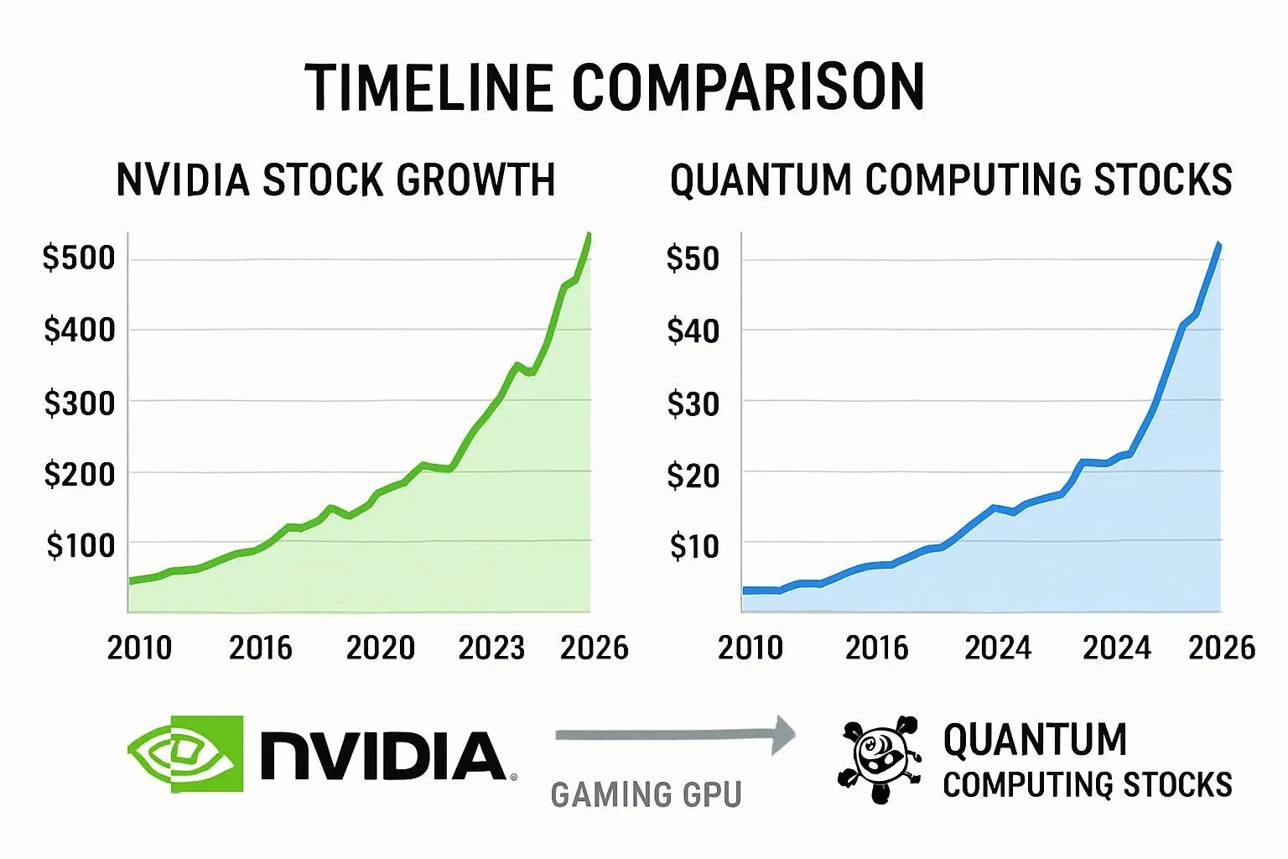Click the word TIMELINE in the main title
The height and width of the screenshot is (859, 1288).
click(428, 87)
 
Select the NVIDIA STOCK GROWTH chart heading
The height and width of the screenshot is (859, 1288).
click(335, 180)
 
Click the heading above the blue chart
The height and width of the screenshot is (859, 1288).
click(951, 180)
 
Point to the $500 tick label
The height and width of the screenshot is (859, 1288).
click(79, 258)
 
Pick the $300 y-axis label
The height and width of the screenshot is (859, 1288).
click(79, 403)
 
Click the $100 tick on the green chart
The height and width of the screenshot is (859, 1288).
click(80, 545)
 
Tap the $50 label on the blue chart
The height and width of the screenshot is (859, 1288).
click(693, 258)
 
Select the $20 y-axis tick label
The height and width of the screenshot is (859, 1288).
click(693, 476)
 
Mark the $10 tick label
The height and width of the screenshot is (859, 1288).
click(694, 546)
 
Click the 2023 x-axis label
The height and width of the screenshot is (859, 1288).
click(491, 648)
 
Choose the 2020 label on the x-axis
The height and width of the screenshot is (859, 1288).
click(381, 648)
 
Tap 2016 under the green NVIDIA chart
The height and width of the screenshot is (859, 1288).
click(261, 648)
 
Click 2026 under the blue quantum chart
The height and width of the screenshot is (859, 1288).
click(1222, 648)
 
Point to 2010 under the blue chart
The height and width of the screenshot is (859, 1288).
click(750, 648)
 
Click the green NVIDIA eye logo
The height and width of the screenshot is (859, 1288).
click(186, 753)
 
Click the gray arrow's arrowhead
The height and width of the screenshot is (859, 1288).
click(783, 735)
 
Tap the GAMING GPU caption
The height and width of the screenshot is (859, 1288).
click(646, 794)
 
